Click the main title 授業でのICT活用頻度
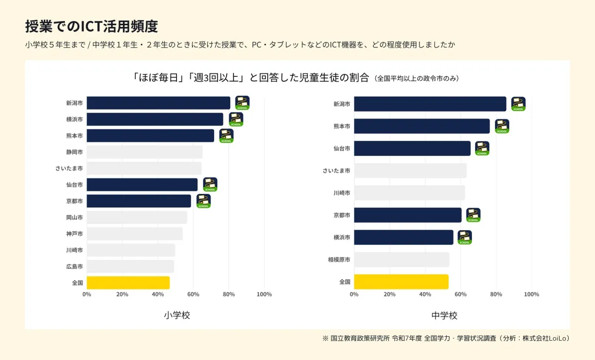pos(91,26)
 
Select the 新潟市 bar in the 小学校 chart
pos(158,103)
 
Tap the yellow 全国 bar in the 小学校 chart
pos(128,283)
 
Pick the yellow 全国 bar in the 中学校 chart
pos(401,282)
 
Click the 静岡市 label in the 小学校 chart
pos(74,152)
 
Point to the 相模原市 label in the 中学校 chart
pos(339,260)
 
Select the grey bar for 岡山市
pos(137,217)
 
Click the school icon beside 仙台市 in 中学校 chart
pos(482,148)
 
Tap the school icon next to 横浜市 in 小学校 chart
pos(236,120)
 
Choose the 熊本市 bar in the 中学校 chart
pos(421,126)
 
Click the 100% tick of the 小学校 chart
pos(264,295)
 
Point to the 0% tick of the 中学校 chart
pos(354,295)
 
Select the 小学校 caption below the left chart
pos(177,315)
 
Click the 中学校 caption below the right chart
pos(444,315)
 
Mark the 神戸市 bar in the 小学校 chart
pos(134,234)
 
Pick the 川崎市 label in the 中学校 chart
pos(342,193)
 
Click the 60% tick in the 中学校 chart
pos(461,295)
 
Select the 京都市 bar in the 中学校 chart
pos(408,215)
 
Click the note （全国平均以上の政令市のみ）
pos(416,78)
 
